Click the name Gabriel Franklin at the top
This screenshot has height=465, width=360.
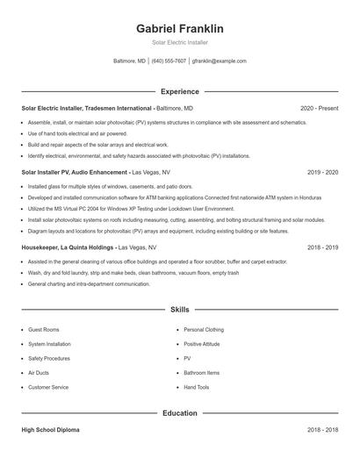(x=179, y=29)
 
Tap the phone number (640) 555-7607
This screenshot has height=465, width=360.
(x=169, y=61)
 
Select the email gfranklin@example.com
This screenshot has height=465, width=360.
(x=219, y=61)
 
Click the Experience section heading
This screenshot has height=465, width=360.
(x=179, y=91)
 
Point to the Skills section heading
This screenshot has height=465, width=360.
(x=179, y=310)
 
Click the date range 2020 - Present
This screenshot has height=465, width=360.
(x=319, y=108)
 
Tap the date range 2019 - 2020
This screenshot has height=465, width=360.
(x=323, y=173)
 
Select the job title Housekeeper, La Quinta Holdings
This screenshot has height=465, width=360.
(x=68, y=247)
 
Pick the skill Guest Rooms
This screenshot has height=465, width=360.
(x=44, y=329)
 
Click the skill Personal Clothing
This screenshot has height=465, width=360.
(x=204, y=329)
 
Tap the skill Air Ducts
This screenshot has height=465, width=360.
(x=39, y=372)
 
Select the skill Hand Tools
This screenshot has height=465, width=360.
(x=197, y=387)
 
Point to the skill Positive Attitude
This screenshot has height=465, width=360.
(x=203, y=344)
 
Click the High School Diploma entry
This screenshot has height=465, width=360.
(x=50, y=430)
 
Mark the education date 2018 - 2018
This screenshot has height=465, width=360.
(x=323, y=430)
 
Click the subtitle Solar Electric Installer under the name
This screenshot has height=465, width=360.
(x=179, y=42)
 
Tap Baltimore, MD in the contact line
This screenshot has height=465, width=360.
(x=130, y=61)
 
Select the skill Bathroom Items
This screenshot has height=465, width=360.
(x=202, y=372)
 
